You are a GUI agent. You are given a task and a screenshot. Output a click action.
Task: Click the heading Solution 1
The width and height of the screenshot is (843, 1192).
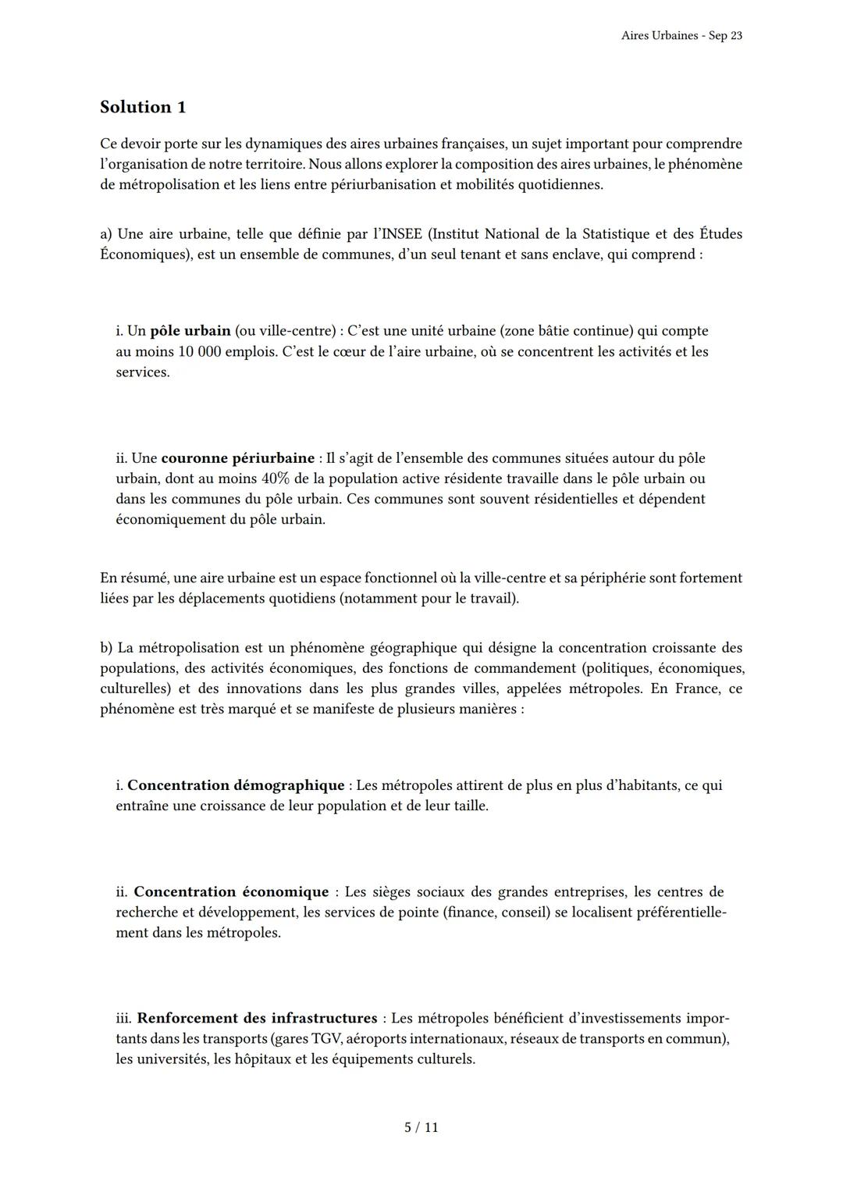pyautogui.click(x=143, y=107)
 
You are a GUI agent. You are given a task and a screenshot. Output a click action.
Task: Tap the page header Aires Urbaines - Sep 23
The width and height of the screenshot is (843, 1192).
pyautogui.click(x=681, y=36)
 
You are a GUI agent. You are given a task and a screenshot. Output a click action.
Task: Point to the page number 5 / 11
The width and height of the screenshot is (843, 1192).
pyautogui.click(x=421, y=1127)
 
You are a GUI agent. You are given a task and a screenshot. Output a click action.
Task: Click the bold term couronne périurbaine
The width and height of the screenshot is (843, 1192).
pyautogui.click(x=237, y=458)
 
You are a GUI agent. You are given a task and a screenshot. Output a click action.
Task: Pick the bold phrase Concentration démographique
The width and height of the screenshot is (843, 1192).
pyautogui.click(x=236, y=785)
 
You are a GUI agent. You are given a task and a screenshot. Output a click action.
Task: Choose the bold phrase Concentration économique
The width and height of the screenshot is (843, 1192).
pyautogui.click(x=231, y=891)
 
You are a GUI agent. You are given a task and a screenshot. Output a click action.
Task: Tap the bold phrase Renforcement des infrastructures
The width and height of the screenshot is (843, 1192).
pyautogui.click(x=257, y=1018)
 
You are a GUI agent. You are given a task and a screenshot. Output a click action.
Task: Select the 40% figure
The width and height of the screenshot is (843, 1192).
pyautogui.click(x=279, y=479)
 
